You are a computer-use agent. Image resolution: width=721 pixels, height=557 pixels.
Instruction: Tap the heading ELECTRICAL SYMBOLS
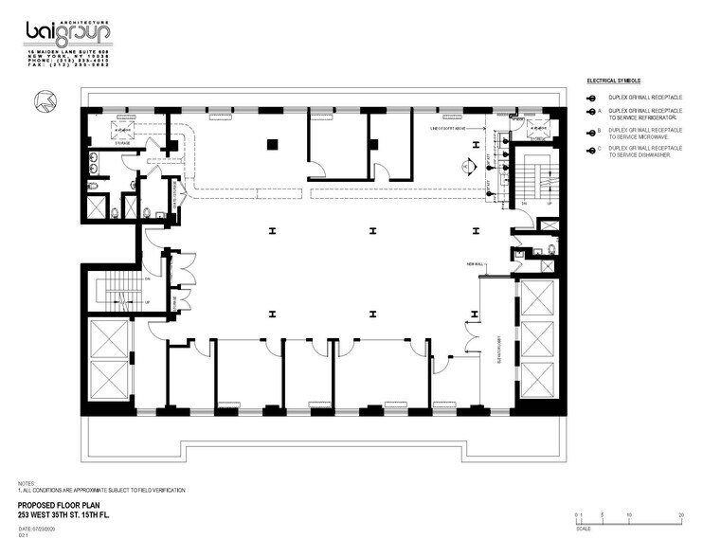click(615, 81)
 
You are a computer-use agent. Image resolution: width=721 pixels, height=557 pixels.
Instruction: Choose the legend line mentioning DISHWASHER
click(645, 152)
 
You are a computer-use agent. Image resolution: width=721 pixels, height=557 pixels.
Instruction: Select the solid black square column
click(272, 145)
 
